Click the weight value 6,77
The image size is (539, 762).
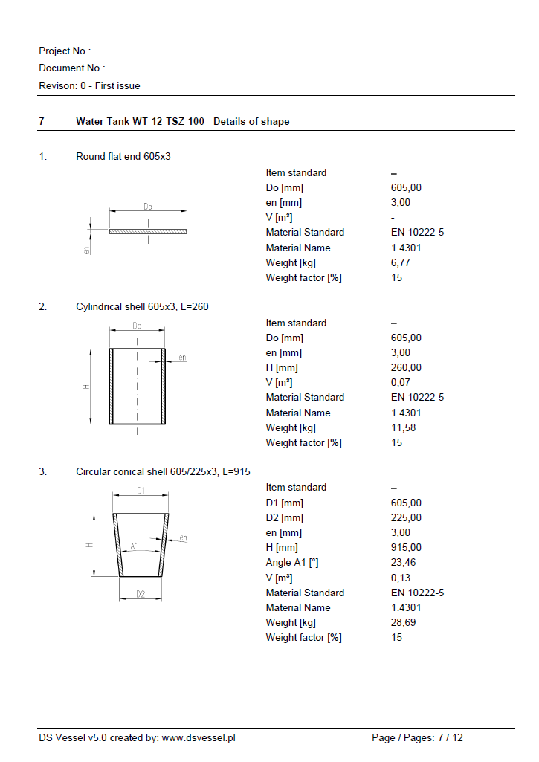400,262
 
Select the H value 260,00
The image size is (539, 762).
406,367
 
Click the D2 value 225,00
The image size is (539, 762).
406,517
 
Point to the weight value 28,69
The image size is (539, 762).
403,622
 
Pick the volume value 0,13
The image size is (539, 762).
400,578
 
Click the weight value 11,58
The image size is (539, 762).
403,427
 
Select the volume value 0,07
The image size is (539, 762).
400,382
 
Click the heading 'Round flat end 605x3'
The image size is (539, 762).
123,156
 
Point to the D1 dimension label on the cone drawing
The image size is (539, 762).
141,491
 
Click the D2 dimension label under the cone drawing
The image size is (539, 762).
141,594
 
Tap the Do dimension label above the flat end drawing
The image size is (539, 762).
148,207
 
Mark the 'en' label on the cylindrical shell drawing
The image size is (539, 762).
182,358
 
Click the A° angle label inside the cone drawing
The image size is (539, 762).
134,546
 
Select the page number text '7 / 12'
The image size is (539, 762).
450,737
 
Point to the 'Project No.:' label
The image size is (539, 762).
65,51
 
